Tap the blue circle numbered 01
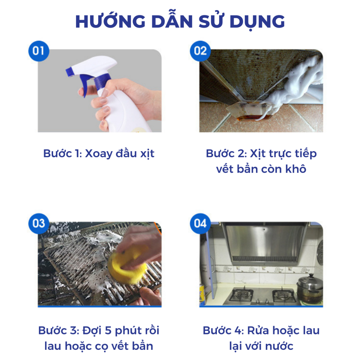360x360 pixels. point(39,51)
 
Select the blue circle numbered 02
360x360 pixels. point(200,51)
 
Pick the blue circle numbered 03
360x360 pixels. point(39,223)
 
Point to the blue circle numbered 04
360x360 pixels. point(200,223)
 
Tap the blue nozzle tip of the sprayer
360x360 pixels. point(69,72)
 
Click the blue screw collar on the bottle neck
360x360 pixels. point(102,81)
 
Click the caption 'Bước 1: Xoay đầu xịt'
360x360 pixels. point(99,154)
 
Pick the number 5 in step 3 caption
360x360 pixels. point(108,330)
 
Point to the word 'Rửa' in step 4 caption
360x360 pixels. point(258,330)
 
